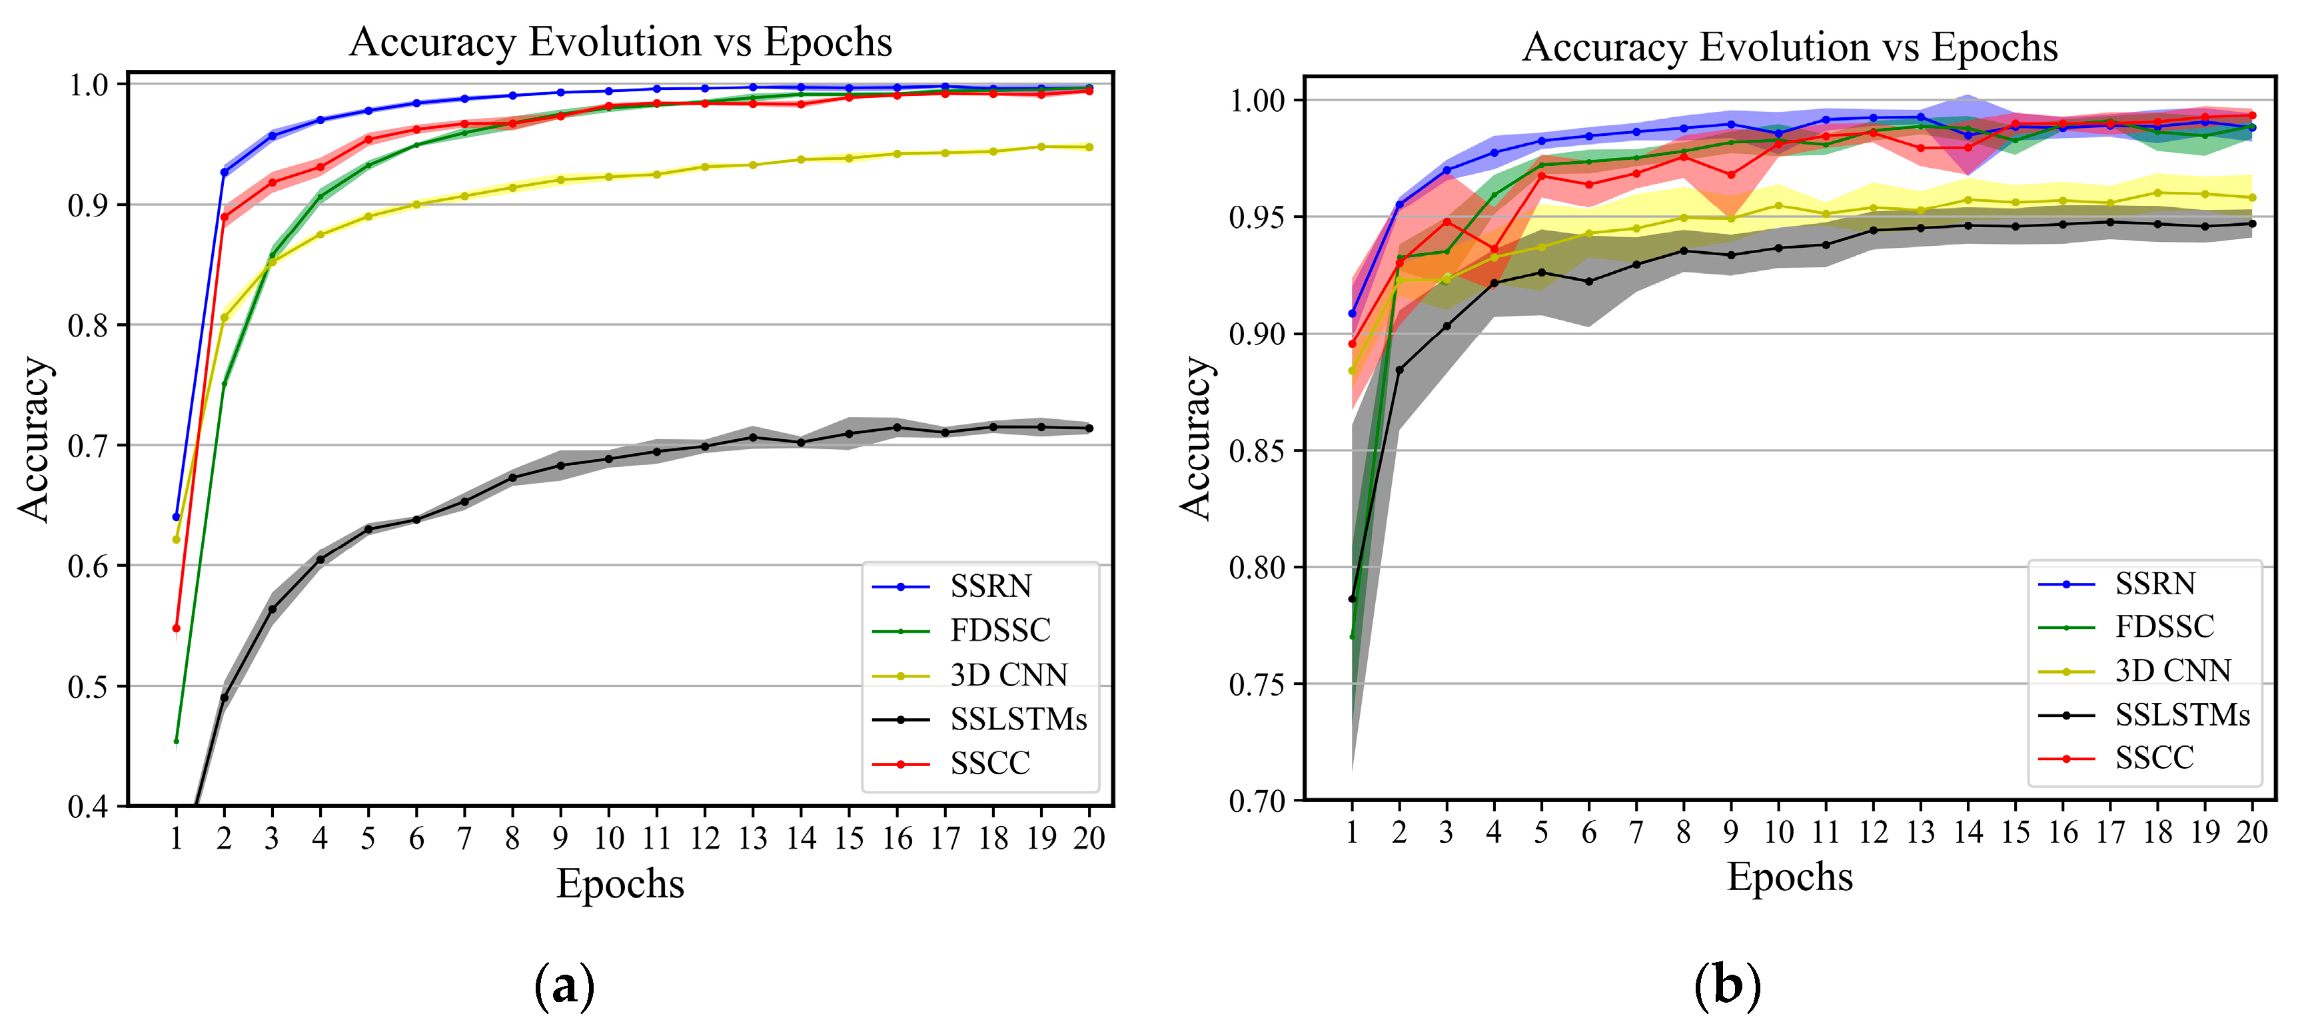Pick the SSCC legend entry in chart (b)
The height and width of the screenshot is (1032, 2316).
point(2153,758)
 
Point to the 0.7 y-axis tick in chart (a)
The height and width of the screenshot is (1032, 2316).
point(87,446)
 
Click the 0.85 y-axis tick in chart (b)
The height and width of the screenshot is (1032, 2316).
point(1257,450)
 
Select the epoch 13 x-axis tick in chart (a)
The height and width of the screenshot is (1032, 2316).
point(752,839)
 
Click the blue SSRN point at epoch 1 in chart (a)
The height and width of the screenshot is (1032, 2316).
point(176,517)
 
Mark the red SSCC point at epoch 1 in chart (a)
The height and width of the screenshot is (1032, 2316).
point(176,628)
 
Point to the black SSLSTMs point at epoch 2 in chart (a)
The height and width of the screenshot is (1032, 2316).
point(224,698)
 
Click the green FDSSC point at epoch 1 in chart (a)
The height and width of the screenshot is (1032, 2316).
point(176,742)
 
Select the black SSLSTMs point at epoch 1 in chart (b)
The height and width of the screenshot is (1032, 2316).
point(1351,599)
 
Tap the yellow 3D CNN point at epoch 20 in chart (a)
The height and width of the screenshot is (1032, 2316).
point(1089,147)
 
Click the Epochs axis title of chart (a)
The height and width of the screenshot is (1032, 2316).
point(620,883)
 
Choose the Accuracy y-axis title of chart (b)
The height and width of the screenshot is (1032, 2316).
point(1197,438)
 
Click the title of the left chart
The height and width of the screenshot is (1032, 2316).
point(620,42)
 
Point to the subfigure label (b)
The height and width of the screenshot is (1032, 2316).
point(1727,985)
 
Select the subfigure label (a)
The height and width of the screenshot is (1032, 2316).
point(564,986)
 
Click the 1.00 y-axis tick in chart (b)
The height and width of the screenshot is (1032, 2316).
point(1257,100)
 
